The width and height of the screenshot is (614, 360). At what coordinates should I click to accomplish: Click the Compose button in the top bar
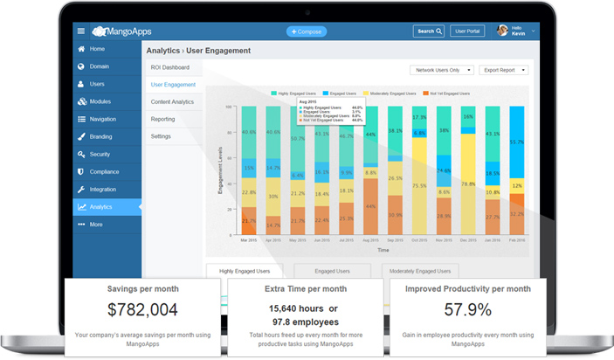click(307, 31)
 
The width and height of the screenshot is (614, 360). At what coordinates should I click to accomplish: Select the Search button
click(430, 31)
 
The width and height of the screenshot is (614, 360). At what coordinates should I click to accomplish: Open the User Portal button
click(468, 31)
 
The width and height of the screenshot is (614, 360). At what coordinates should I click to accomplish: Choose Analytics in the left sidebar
click(101, 207)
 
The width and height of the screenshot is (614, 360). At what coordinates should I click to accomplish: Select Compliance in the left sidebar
click(104, 172)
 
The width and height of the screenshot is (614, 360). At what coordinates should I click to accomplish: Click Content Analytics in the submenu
click(172, 102)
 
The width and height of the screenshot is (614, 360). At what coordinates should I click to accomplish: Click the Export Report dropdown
click(505, 70)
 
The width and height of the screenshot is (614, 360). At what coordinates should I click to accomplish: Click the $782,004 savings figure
click(143, 309)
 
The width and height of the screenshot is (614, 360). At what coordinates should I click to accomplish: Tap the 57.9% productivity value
click(469, 309)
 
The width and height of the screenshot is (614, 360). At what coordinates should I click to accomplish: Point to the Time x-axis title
click(383, 250)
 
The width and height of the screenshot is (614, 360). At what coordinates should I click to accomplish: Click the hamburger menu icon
click(81, 31)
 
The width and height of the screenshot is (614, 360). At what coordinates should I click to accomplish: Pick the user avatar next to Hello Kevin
click(502, 31)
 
